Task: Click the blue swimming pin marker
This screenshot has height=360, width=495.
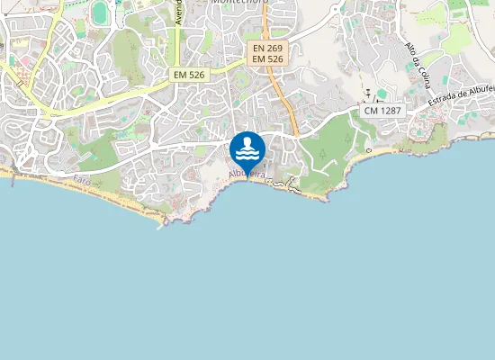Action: pos(247,149)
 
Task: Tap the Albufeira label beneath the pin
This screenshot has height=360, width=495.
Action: pos(247,174)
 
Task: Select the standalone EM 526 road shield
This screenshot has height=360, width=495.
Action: pos(190,76)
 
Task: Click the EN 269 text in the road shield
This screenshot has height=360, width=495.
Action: pos(268,47)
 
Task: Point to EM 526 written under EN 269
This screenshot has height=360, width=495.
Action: pos(268,58)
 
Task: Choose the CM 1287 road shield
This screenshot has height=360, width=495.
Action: pos(384,110)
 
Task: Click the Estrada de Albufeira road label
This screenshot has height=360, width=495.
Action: pos(461,99)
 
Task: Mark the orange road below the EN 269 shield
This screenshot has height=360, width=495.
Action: pos(286,99)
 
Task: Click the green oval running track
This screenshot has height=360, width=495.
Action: pos(99,12)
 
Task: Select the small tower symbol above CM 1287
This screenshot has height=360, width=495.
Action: pos(368,93)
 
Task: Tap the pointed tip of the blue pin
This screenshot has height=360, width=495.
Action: pos(247,177)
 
